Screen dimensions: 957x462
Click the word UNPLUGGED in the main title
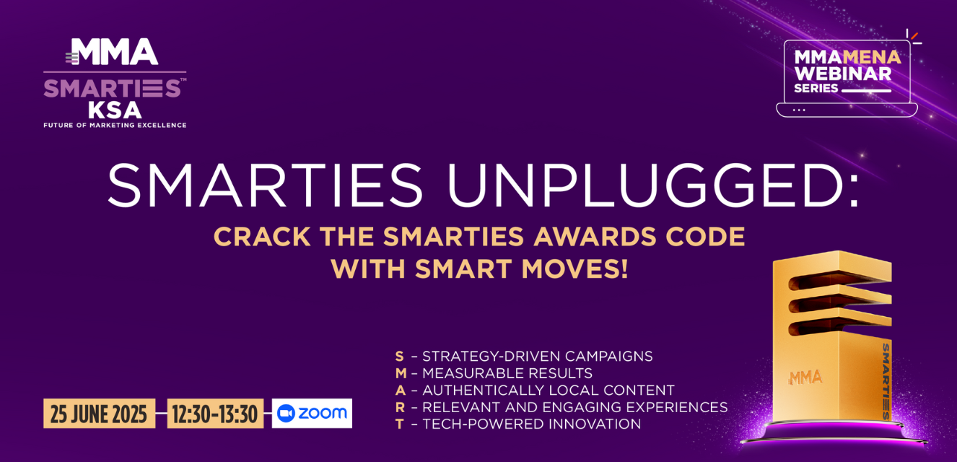pos(653,186)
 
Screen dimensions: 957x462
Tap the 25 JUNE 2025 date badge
pos(99,414)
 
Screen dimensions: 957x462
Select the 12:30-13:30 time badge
pos(215,414)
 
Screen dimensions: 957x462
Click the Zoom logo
pos(312,414)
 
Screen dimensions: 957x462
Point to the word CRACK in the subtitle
pos(262,237)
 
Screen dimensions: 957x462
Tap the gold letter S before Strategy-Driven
pos(399,356)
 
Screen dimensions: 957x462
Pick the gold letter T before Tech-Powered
pos(399,424)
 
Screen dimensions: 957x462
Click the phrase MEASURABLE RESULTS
pos(507,373)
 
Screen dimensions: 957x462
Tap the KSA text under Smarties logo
pos(115,110)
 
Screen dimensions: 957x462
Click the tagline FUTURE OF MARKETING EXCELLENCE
pos(115,125)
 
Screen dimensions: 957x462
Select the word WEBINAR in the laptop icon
pos(843,74)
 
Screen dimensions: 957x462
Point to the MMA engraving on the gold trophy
pos(805,378)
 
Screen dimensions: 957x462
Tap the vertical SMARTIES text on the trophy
pos(886,381)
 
